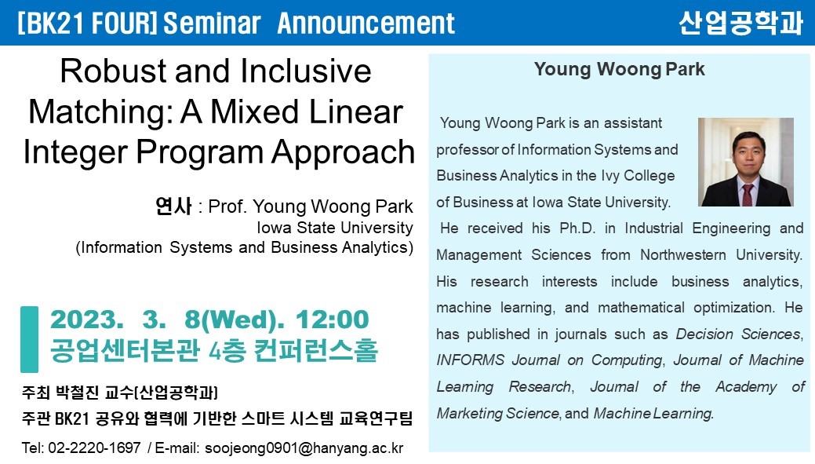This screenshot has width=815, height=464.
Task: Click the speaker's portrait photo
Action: pyautogui.click(x=745, y=162)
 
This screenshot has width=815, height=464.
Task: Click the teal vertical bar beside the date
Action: pyautogui.click(x=29, y=339)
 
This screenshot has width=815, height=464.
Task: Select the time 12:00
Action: pyautogui.click(x=332, y=320)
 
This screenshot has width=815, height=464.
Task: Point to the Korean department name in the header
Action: pyautogui.click(x=740, y=22)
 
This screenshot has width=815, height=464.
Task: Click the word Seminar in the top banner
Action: pyautogui.click(x=212, y=24)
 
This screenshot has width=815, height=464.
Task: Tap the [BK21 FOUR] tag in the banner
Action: pyautogui.click(x=87, y=24)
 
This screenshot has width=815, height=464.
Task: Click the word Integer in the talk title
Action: pyautogui.click(x=76, y=152)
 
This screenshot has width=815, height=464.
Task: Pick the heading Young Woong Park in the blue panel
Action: pyautogui.click(x=619, y=69)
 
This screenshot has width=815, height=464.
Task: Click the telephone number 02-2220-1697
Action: pyautogui.click(x=94, y=448)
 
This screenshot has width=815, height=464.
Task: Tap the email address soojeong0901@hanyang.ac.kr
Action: pyautogui.click(x=304, y=448)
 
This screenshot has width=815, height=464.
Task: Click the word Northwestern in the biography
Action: pyautogui.click(x=683, y=255)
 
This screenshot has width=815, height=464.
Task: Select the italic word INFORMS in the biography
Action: pyautogui.click(x=471, y=360)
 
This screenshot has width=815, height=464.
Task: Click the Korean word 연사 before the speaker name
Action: pyautogui.click(x=173, y=206)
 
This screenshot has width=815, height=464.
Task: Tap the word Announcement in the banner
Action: pyautogui.click(x=366, y=24)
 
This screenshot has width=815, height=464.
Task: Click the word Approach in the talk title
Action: pyautogui.click(x=343, y=152)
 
